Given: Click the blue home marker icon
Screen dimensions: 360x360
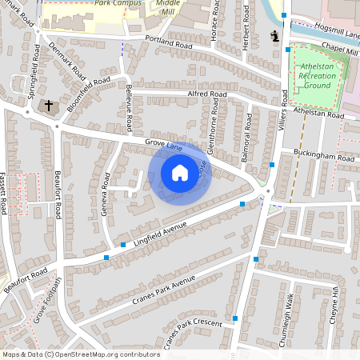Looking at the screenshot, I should [x=180, y=173].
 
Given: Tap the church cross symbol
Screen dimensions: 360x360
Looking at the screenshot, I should [x=48, y=106].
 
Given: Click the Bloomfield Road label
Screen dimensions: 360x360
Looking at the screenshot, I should [x=88, y=93].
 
